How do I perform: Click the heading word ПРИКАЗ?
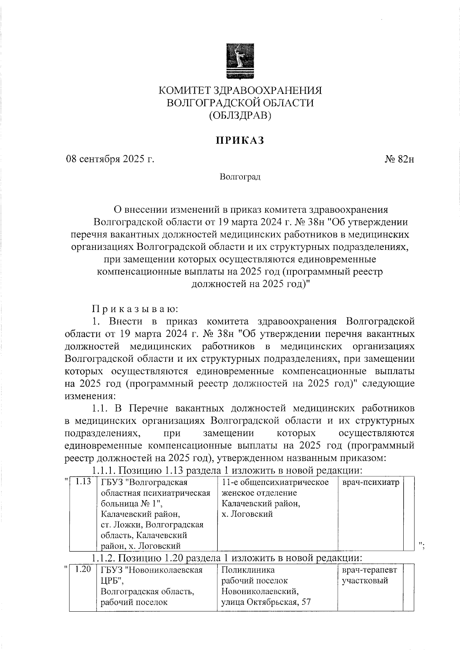(240, 141)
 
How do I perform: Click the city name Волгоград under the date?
(240, 177)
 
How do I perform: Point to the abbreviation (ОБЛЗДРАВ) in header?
(240, 115)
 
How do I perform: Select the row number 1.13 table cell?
(83, 482)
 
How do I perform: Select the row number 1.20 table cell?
(83, 570)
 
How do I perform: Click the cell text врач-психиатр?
(370, 482)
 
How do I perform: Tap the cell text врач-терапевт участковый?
(370, 575)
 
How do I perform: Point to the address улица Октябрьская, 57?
(266, 602)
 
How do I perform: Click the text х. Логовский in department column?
(247, 514)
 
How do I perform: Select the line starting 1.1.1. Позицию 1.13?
(226, 470)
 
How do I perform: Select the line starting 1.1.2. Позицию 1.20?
(226, 557)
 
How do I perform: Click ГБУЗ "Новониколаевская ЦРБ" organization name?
(151, 575)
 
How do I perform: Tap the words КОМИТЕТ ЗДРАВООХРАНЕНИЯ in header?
(240, 90)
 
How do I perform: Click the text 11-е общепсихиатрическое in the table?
(275, 482)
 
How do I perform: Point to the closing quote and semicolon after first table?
(422, 545)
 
